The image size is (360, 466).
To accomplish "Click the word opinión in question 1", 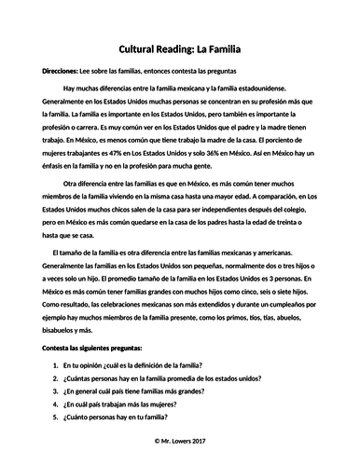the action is [x=96, y=364].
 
